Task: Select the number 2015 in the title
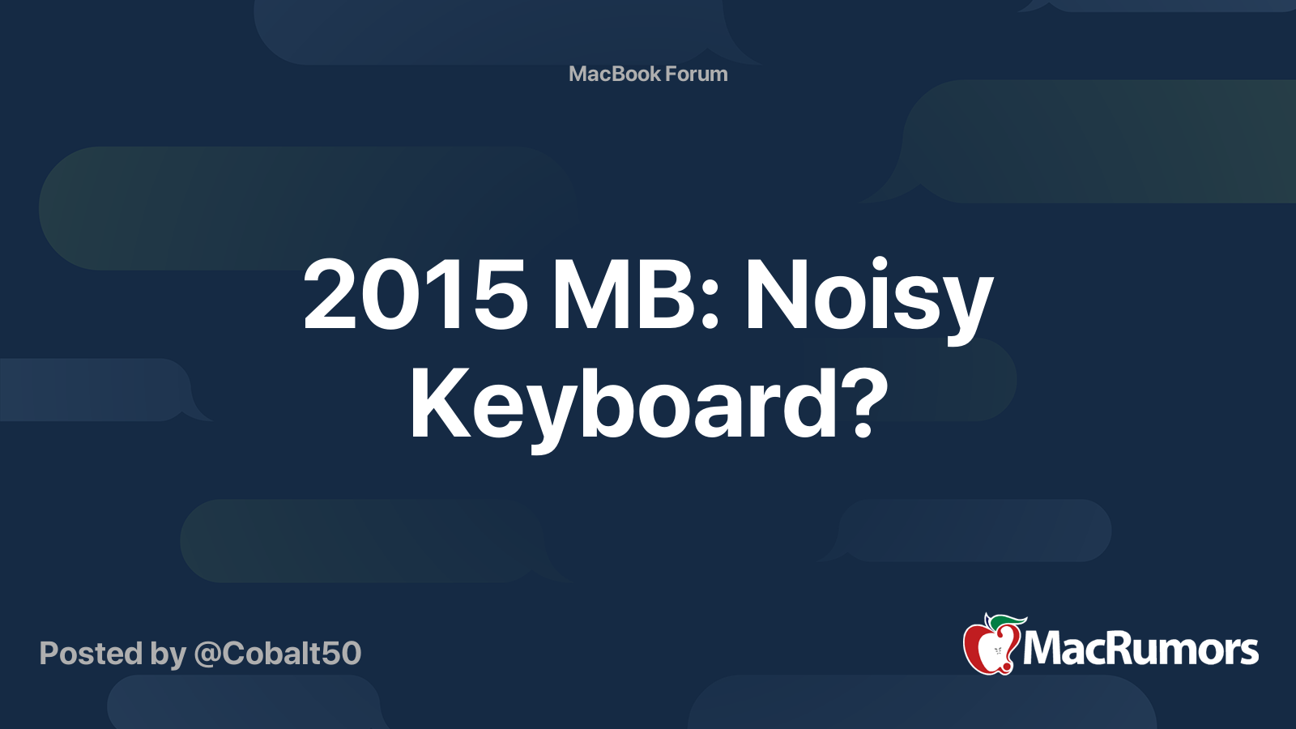coord(416,296)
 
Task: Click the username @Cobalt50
coord(278,654)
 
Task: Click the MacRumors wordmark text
coord(1140,649)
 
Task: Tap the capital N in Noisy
coord(777,296)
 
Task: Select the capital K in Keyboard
coord(438,403)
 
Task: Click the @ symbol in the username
coord(207,654)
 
